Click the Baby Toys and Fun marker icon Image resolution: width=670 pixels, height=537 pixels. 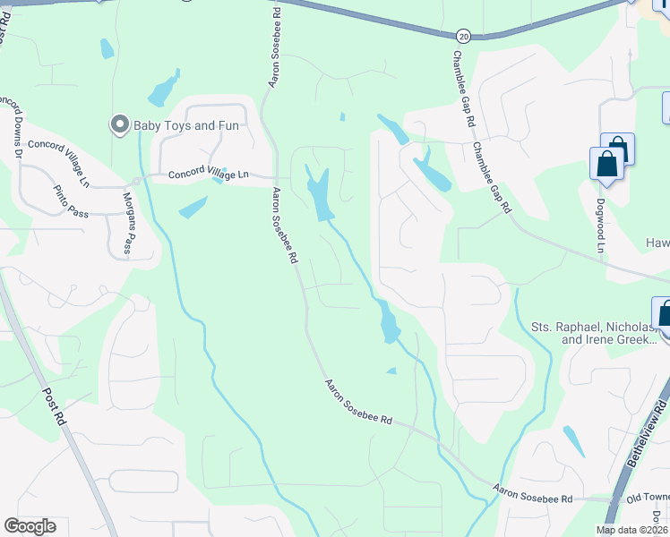(x=119, y=124)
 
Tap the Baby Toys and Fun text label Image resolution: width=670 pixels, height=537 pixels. (x=186, y=125)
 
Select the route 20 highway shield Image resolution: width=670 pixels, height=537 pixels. (x=462, y=36)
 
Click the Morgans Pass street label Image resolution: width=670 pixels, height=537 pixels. (x=128, y=224)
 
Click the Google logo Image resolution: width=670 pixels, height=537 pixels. (x=30, y=526)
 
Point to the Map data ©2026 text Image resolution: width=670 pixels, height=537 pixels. (x=632, y=530)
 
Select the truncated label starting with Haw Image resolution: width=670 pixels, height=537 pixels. (x=657, y=243)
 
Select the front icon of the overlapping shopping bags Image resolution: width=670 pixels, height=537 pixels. (x=606, y=165)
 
